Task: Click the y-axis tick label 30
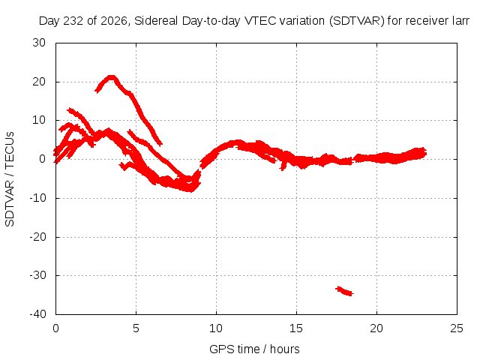(39, 43)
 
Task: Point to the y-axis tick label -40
(37, 314)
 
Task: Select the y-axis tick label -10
(37, 198)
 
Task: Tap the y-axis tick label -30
(37, 275)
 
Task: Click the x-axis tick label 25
(457, 328)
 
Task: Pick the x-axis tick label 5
(136, 328)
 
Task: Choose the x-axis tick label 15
(296, 328)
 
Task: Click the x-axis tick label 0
(55, 328)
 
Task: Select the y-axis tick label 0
(43, 159)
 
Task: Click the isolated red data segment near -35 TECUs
(345, 291)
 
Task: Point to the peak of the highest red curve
(112, 76)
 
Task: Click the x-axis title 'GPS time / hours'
(254, 349)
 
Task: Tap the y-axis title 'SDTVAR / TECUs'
(10, 179)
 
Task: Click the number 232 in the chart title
(73, 21)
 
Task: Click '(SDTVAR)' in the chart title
(357, 21)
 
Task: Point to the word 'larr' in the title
(460, 21)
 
